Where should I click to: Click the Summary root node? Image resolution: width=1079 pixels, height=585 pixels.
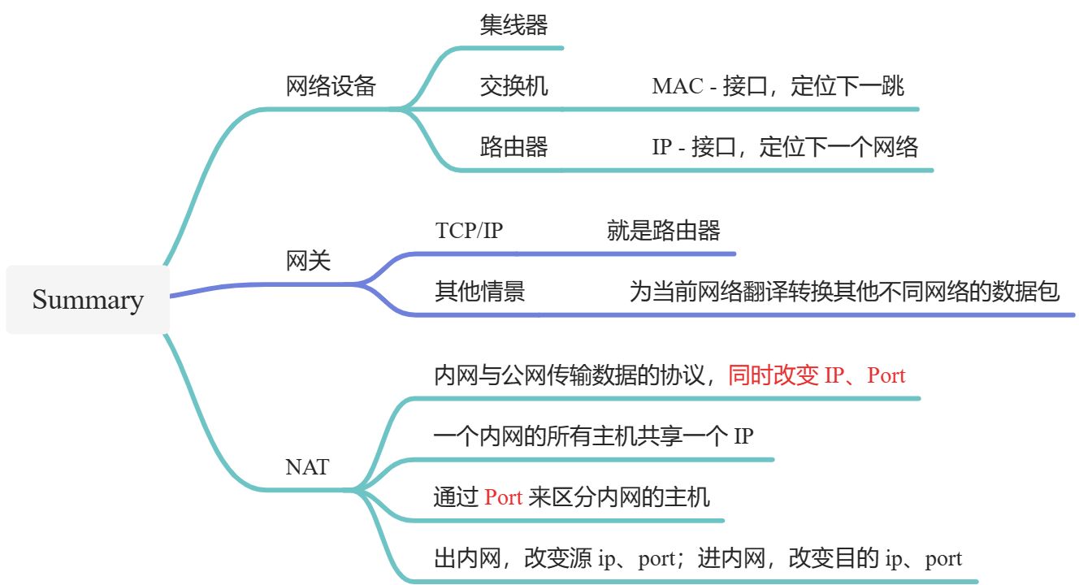pos(88,300)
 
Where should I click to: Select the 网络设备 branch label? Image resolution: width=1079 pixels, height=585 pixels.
pos(331,86)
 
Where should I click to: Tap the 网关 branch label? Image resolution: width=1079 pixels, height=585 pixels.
pos(309,262)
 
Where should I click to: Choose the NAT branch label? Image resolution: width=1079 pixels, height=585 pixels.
pos(307,467)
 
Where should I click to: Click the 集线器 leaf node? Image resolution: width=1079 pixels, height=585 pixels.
pos(513,25)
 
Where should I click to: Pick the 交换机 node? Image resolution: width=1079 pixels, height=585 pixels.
pos(513,86)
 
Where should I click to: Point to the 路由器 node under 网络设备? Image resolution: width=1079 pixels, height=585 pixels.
pos(513,147)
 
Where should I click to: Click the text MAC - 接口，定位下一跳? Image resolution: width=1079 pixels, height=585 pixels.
pos(778,86)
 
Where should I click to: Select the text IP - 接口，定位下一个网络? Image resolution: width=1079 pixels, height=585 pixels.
pos(785,147)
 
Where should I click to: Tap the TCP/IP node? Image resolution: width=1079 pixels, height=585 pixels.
pos(470,231)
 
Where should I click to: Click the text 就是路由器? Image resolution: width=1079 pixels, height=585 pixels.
pos(663,231)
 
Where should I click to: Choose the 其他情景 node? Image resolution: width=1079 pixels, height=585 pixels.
pos(479,292)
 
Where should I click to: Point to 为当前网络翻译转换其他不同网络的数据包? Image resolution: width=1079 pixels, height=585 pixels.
pos(844,292)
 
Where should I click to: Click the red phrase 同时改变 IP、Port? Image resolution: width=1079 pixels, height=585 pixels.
pos(817,375)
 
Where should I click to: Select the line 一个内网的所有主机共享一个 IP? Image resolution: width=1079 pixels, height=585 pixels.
pos(593,436)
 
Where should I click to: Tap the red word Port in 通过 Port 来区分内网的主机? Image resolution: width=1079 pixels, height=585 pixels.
pos(503,497)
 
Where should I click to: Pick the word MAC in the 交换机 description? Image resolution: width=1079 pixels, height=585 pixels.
pos(677,86)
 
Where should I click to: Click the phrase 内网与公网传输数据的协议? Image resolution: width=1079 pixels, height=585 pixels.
pos(574,375)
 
